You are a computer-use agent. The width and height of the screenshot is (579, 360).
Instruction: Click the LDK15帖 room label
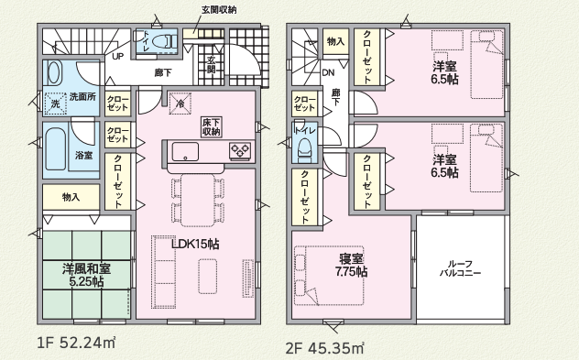pos(195,244)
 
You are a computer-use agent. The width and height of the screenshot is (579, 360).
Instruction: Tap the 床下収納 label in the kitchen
pos(212,127)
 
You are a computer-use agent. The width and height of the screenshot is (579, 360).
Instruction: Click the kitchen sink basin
pos(185,152)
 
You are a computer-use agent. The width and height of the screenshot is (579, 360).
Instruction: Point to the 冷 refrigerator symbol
pos(180,103)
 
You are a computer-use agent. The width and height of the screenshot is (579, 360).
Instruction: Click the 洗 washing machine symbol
pos(55,104)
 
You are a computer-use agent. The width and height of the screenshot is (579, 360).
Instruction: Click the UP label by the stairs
pos(118,57)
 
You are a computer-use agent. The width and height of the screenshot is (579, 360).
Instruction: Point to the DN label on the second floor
pos(328,72)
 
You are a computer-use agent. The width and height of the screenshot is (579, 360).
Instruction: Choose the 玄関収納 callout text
pos(219,10)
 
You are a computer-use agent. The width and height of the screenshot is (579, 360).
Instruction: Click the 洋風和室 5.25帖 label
pos(87,275)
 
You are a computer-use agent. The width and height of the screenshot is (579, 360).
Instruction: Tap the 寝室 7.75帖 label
pos(351,265)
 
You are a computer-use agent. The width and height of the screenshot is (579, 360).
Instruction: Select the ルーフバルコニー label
pos(460,268)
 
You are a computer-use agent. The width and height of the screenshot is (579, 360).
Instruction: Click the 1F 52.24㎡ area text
pos(76,343)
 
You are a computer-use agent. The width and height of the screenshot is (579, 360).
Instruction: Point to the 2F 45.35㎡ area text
pos(325,348)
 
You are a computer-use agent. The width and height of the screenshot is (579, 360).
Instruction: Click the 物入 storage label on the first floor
pos(71,197)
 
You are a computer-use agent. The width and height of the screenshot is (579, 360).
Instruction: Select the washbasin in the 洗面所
pos(54,72)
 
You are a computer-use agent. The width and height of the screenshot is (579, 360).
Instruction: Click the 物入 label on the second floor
pos(335,42)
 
